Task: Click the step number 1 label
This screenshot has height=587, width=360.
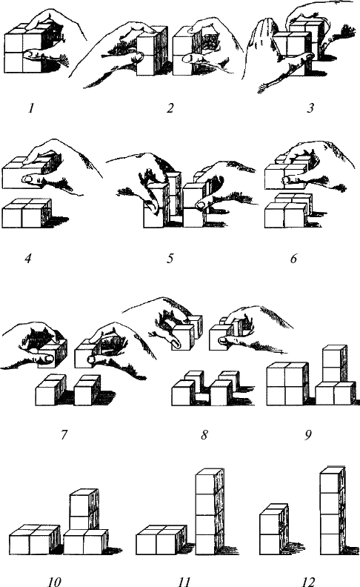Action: point(31,108)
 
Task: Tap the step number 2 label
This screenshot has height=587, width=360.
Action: point(170,108)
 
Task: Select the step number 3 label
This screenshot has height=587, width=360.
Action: point(310,108)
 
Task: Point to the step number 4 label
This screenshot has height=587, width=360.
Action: point(28,259)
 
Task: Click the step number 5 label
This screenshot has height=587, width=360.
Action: point(170,259)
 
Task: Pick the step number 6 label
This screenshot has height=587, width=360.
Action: point(294,259)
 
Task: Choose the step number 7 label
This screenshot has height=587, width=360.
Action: point(64,435)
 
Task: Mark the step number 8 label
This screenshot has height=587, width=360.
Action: point(204,435)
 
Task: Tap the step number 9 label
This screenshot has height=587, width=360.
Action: point(308,435)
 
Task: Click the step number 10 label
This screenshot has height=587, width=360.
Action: point(54,581)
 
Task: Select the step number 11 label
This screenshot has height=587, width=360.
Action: point(184,581)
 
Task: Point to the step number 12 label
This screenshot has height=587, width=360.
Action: point(308,581)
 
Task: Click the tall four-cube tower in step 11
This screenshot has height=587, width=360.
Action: point(210,511)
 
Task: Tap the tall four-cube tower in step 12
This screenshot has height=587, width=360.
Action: point(333,511)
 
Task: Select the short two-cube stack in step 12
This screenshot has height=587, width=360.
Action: point(274,529)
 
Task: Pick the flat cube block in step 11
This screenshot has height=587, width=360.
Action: point(161,540)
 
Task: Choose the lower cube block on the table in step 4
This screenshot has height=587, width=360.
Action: point(27,213)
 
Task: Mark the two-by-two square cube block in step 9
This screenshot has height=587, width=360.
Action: point(287,384)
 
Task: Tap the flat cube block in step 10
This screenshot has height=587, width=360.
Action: point(34,540)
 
